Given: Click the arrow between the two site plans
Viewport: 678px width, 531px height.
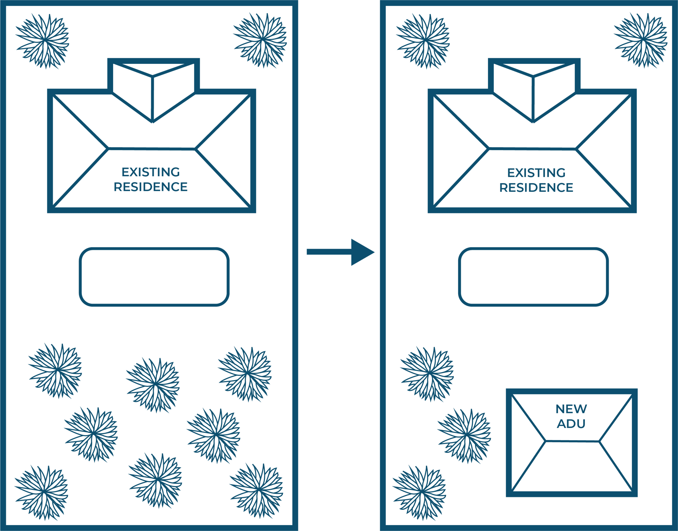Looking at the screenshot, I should tap(340, 252).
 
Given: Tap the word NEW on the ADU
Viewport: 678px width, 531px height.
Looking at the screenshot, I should tap(571, 409).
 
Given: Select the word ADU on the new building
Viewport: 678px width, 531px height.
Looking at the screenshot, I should tap(571, 424).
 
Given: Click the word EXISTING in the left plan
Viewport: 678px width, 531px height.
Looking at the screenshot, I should tap(150, 172).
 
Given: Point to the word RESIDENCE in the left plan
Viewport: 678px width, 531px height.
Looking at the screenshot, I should tap(150, 187).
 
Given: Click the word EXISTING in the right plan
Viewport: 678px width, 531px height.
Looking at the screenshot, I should tap(536, 173).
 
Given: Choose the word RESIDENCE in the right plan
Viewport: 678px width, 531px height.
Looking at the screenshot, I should tap(536, 188).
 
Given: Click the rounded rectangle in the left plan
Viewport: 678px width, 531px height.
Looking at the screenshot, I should tap(154, 277).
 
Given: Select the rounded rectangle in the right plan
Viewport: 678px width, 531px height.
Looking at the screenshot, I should tap(533, 277).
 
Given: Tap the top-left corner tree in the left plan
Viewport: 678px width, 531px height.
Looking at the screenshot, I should tap(43, 40).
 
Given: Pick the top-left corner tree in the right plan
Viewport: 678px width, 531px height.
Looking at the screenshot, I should tap(423, 40).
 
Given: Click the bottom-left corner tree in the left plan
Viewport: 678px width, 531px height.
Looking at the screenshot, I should tap(41, 492).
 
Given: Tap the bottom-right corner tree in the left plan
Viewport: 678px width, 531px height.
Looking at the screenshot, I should tap(256, 491).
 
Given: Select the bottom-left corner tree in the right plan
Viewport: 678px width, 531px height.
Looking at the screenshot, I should tap(419, 492).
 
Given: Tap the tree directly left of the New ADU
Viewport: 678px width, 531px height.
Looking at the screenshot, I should tap(464, 435).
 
